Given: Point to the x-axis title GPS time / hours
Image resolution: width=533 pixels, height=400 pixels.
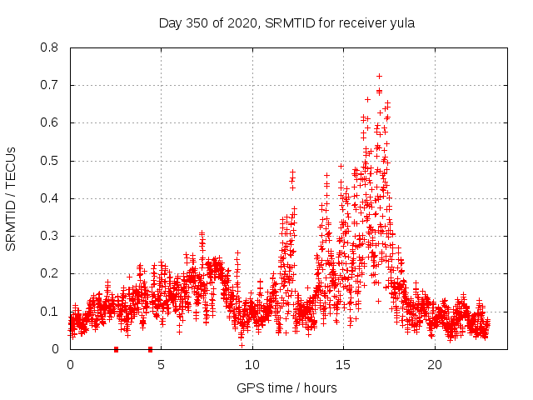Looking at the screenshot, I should point(286,387).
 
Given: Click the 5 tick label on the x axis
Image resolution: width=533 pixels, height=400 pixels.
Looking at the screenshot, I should point(161,365).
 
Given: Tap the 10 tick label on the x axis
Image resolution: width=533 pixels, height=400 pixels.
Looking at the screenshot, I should point(252,365).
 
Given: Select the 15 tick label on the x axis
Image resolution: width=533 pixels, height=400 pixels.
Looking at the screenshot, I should point(343,365).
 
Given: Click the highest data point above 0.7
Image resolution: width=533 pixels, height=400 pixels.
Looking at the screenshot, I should point(379,76).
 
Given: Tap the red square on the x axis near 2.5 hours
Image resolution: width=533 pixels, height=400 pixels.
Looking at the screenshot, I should point(116,349).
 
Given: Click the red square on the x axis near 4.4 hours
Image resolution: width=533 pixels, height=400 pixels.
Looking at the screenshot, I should point(150,349).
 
